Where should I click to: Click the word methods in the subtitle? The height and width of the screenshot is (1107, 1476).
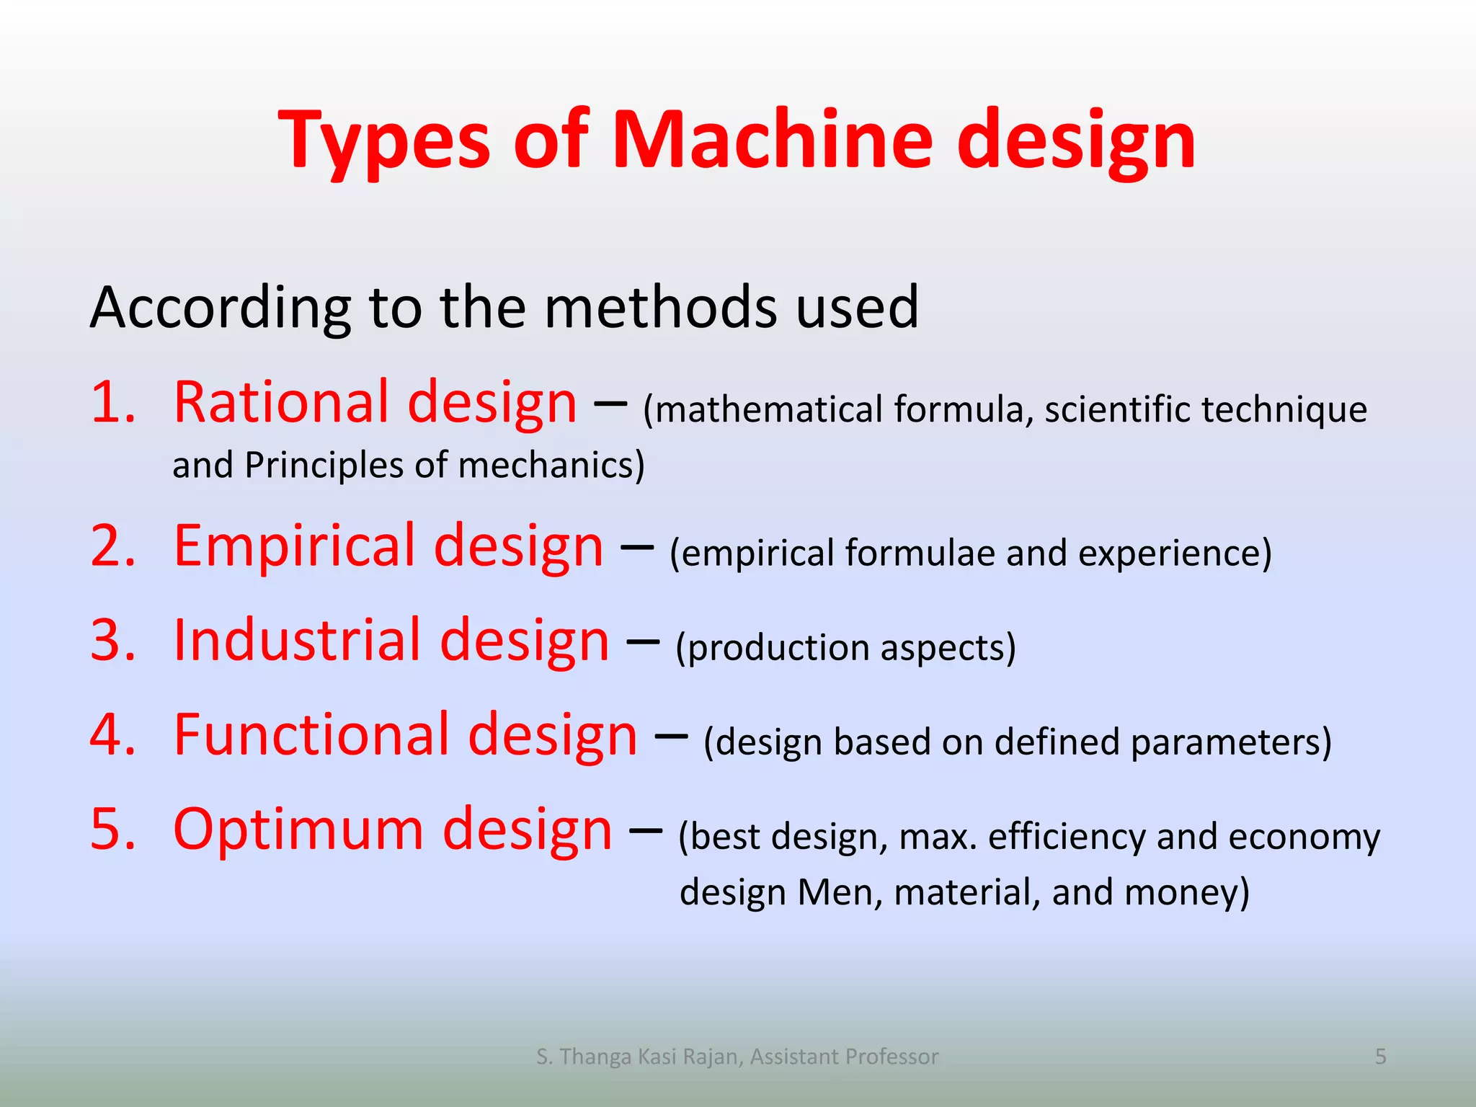(660, 308)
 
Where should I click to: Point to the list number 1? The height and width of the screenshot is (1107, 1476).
(113, 402)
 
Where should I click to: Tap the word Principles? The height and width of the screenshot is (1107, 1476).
(324, 465)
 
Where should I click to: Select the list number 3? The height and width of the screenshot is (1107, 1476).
(113, 640)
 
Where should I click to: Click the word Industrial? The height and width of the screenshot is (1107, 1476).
(295, 640)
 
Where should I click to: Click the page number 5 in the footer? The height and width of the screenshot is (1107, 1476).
(1380, 1057)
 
